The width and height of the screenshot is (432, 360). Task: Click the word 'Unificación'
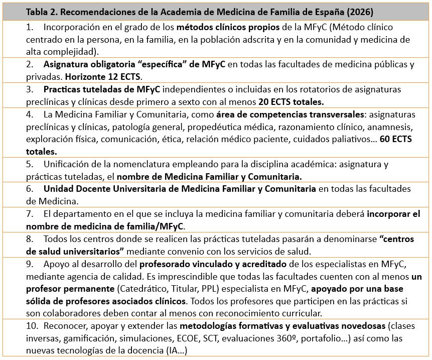(68, 164)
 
